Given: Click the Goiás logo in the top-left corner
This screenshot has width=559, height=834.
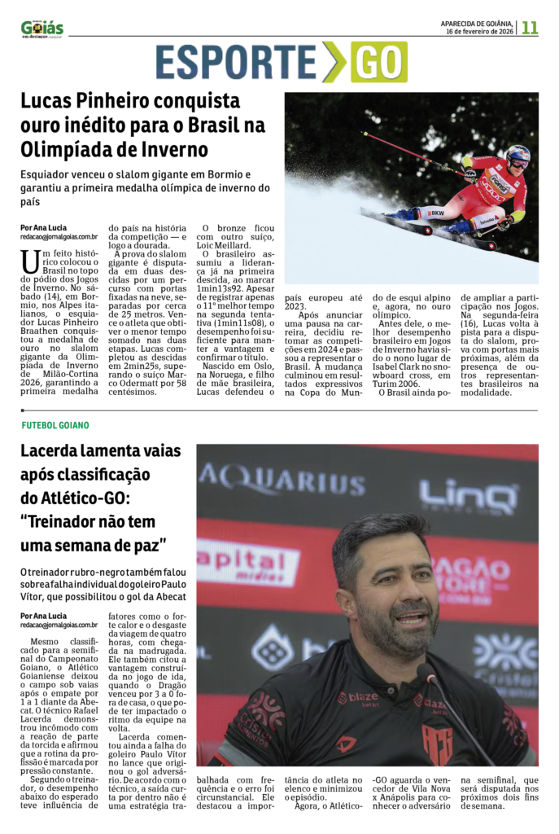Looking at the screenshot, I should pyautogui.click(x=42, y=29).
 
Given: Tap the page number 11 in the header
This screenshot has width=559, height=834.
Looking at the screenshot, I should pyautogui.click(x=530, y=27).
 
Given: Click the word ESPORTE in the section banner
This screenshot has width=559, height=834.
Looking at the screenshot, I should pyautogui.click(x=235, y=63).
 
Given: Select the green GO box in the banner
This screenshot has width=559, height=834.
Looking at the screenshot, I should pyautogui.click(x=379, y=63).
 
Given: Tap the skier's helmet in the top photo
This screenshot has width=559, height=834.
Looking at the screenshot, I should pyautogui.click(x=518, y=154).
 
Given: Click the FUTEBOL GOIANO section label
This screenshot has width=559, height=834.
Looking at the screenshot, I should pyautogui.click(x=55, y=425).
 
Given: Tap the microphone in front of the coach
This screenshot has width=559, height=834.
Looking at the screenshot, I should pyautogui.click(x=426, y=673).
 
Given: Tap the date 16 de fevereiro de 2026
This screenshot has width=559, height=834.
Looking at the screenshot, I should pyautogui.click(x=479, y=31).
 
